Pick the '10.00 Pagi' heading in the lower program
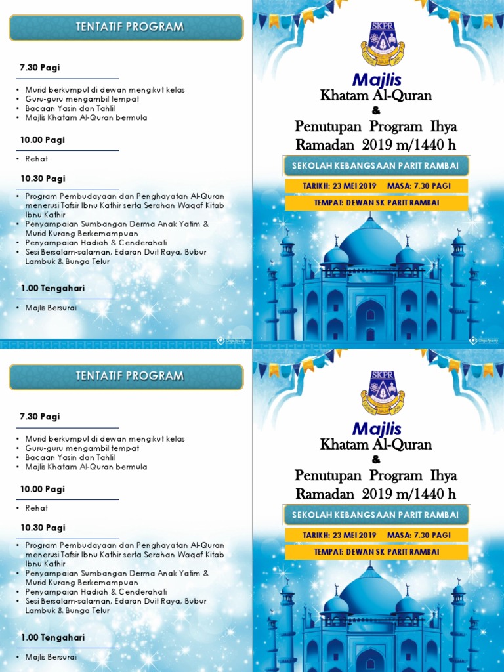(42, 490)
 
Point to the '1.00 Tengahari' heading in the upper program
(52, 288)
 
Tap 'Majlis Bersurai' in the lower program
(51, 657)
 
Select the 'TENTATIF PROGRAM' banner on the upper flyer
(125, 27)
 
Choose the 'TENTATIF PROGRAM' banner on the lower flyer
(125, 376)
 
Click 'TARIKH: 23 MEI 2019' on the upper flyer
(339, 186)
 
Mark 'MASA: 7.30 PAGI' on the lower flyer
(419, 535)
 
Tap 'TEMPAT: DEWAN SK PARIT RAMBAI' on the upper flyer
(376, 203)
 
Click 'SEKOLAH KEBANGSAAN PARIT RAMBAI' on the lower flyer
(375, 514)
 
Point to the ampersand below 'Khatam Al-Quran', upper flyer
(376, 110)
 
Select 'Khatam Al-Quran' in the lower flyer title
(376, 444)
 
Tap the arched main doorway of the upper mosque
(370, 320)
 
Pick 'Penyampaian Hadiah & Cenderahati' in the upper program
(96, 242)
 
